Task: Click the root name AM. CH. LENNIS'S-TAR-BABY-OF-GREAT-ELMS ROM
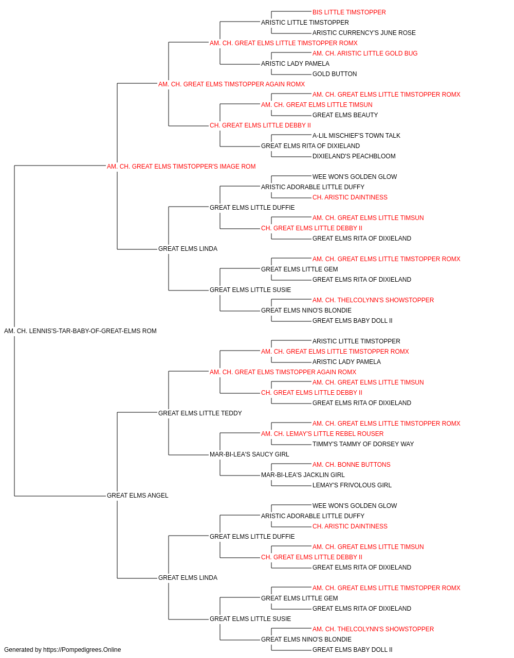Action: click(x=80, y=331)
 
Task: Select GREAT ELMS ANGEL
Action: click(x=137, y=496)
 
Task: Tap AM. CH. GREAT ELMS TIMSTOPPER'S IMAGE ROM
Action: click(x=181, y=167)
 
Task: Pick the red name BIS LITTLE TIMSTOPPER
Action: click(x=349, y=12)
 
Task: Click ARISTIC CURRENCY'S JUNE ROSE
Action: click(x=364, y=33)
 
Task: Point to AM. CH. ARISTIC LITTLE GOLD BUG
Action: click(x=365, y=53)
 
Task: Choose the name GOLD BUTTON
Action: click(x=335, y=74)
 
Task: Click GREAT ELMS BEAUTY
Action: click(x=345, y=115)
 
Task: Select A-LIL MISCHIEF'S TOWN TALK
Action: click(x=356, y=136)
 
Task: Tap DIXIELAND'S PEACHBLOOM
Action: click(x=354, y=156)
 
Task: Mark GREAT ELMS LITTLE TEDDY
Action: click(x=200, y=413)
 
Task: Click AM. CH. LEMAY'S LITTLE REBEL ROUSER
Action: click(x=322, y=434)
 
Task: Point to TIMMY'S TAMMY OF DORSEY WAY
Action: click(x=363, y=444)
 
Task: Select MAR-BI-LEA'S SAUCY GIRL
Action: click(x=249, y=454)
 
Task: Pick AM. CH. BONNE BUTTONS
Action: click(x=351, y=465)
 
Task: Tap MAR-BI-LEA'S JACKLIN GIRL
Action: click(x=303, y=475)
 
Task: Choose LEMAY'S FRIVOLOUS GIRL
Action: click(x=352, y=485)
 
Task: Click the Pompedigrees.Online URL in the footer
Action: click(x=82, y=650)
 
